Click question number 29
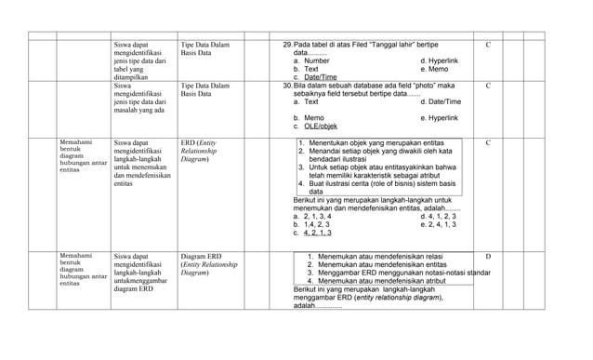286,45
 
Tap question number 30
286,86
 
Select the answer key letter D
488,256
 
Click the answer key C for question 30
488,86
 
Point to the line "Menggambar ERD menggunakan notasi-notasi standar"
404,273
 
